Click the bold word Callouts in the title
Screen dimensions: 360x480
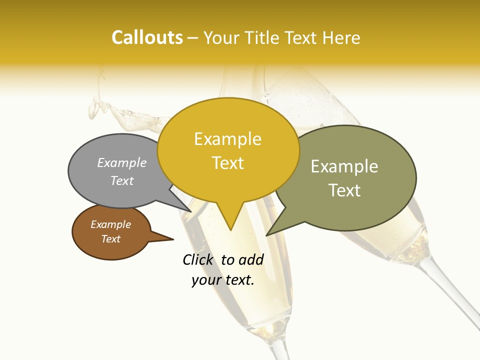147,37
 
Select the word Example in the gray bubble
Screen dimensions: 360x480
122,163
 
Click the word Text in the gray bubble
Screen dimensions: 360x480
122,180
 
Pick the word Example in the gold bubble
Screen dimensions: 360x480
227,139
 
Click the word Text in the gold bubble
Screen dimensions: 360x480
227,163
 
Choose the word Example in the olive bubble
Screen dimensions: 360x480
344,166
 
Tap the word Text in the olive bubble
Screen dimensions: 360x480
344,190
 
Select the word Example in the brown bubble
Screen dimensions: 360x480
110,224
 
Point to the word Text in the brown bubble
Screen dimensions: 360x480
110,239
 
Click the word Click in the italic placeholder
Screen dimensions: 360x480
197,260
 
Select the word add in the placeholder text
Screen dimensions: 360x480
251,260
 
